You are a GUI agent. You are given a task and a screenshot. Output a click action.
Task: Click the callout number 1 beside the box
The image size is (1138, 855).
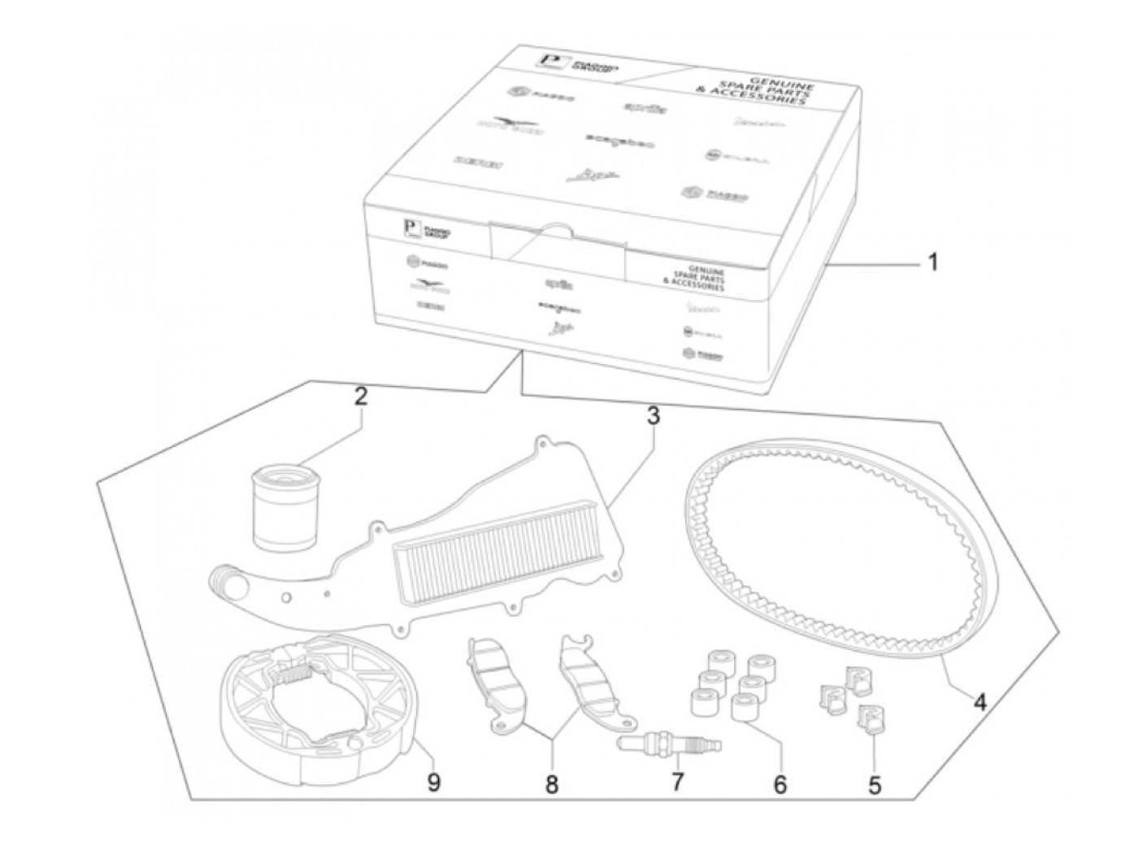point(932,263)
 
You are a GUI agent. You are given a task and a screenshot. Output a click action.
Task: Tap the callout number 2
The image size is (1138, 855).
point(360,397)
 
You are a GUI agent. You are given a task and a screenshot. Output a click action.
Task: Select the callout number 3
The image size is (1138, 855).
point(653,417)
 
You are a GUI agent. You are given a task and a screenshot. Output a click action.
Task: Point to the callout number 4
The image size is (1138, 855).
point(980,701)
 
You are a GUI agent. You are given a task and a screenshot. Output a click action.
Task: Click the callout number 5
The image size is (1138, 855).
point(874,785)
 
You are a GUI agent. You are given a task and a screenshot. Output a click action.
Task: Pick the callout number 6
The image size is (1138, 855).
point(780,785)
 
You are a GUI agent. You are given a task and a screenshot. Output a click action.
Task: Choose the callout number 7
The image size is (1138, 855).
point(677,783)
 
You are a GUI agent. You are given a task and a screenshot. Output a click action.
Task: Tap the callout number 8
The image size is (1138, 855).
point(552,785)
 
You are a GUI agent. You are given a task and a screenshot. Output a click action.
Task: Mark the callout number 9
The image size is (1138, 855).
point(433,783)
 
